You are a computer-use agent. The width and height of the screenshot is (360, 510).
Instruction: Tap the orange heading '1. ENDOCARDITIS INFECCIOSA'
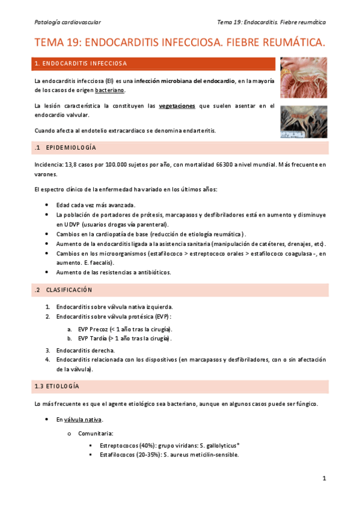81,63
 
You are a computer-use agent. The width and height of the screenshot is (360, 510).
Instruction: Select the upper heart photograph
304,78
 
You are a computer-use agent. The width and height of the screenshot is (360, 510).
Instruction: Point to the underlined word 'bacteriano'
109,90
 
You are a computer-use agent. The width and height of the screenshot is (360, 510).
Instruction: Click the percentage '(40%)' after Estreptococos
145,446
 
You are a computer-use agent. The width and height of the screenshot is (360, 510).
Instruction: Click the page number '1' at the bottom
323,479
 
